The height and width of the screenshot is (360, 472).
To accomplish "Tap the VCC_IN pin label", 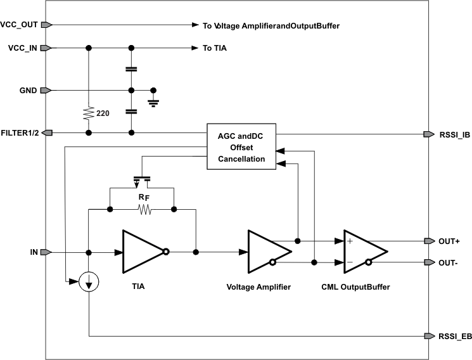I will click(20, 48).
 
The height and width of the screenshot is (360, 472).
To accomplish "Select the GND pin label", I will click(28, 91).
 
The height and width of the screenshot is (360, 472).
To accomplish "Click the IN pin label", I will click(34, 252).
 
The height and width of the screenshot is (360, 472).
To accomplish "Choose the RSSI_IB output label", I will click(454, 134).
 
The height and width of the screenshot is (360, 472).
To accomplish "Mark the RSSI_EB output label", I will click(454, 336).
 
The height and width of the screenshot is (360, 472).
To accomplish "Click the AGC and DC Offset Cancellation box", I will click(241, 147).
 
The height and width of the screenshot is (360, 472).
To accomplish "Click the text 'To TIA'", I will click(216, 48).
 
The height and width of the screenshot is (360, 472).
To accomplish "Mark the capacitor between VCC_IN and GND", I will click(131, 68).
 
